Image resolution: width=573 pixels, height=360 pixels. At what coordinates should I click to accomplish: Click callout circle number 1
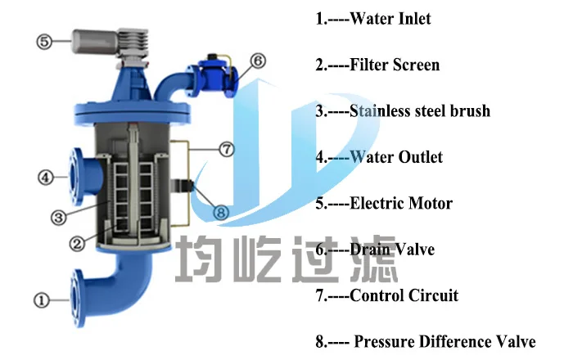coord(41,299)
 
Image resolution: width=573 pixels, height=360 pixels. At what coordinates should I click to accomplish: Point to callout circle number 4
coord(47,176)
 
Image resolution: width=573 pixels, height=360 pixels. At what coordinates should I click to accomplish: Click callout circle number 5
coord(44,40)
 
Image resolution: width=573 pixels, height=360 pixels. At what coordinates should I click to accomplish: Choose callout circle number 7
coord(227,149)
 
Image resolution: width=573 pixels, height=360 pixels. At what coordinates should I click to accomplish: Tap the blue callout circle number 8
coord(223,212)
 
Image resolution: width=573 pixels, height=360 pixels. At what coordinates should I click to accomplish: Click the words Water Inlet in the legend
coord(390,19)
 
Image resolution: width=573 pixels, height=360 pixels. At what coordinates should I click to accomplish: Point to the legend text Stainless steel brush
coord(420,110)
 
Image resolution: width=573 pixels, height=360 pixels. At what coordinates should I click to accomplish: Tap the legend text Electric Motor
coord(401,203)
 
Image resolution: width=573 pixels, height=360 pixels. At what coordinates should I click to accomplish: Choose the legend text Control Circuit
coord(404,295)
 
